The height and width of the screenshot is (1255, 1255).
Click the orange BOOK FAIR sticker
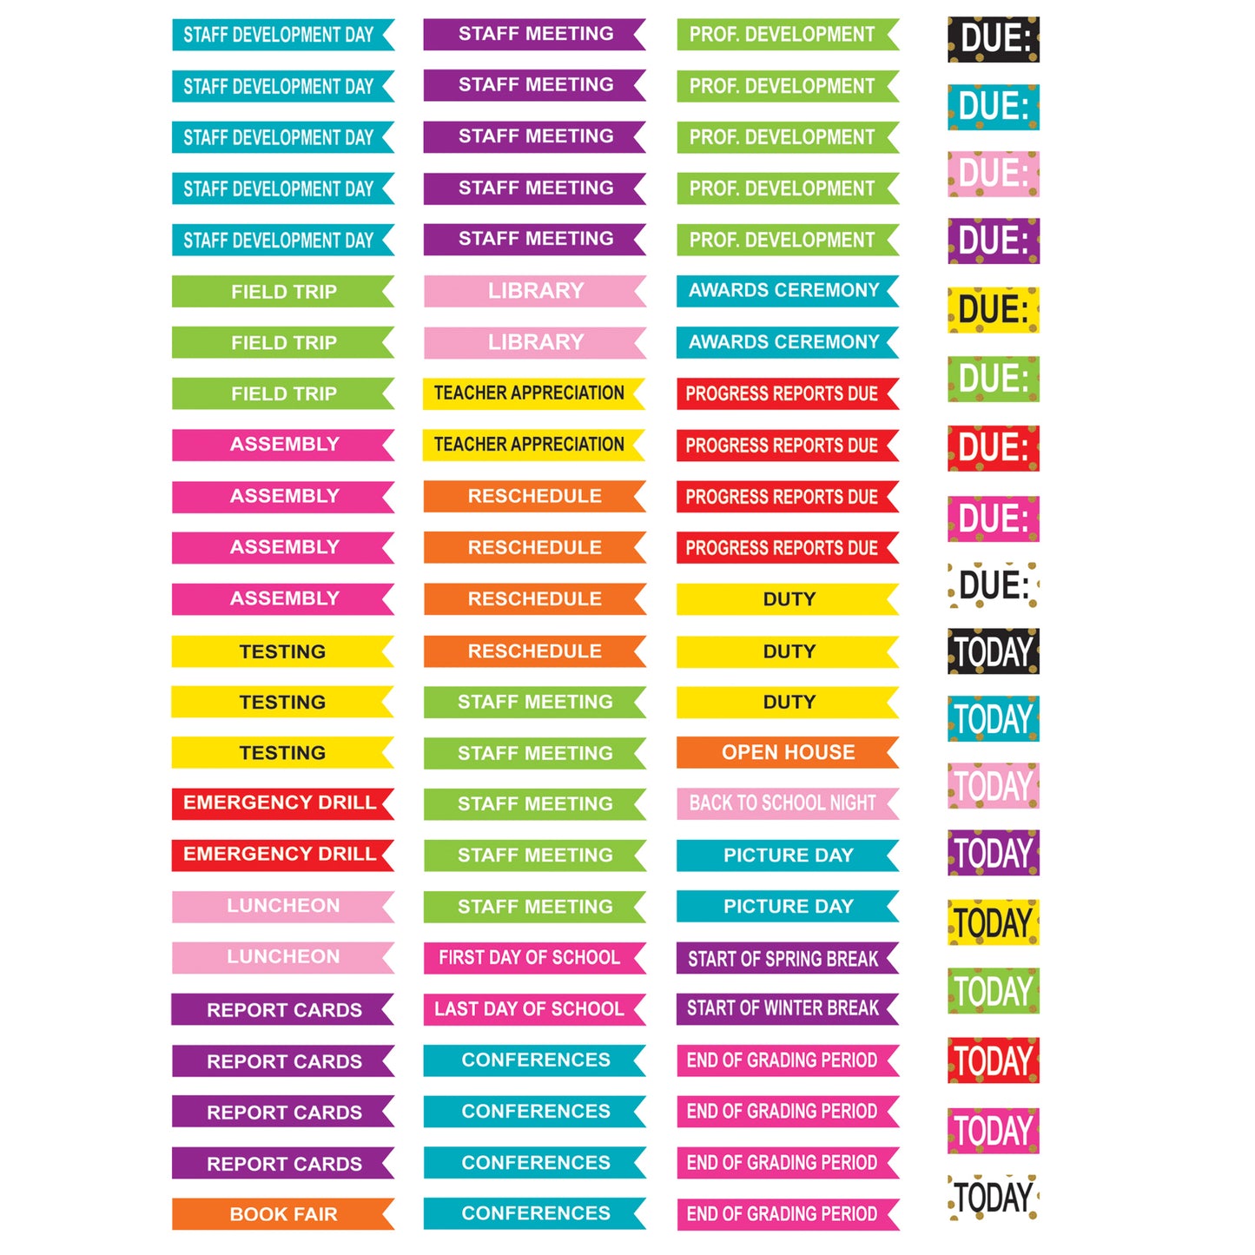(282, 1213)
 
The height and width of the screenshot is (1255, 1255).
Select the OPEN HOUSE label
(787, 752)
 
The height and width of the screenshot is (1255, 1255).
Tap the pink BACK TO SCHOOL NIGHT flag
(787, 803)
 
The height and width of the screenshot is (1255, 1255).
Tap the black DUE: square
(993, 39)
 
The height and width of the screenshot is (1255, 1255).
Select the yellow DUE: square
(993, 310)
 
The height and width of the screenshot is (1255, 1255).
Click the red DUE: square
(993, 448)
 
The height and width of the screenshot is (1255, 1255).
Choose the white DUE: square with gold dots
(993, 585)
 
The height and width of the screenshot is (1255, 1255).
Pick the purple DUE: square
(993, 241)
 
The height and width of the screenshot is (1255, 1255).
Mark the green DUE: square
(993, 379)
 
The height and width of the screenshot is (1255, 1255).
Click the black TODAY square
(993, 651)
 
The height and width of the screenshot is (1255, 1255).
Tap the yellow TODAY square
(993, 922)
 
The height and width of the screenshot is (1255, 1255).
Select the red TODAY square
(993, 1060)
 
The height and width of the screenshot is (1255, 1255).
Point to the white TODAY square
(993, 1198)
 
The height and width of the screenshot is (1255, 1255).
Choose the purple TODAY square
(993, 853)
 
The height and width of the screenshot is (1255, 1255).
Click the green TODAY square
(993, 991)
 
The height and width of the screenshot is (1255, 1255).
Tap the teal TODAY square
(993, 719)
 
